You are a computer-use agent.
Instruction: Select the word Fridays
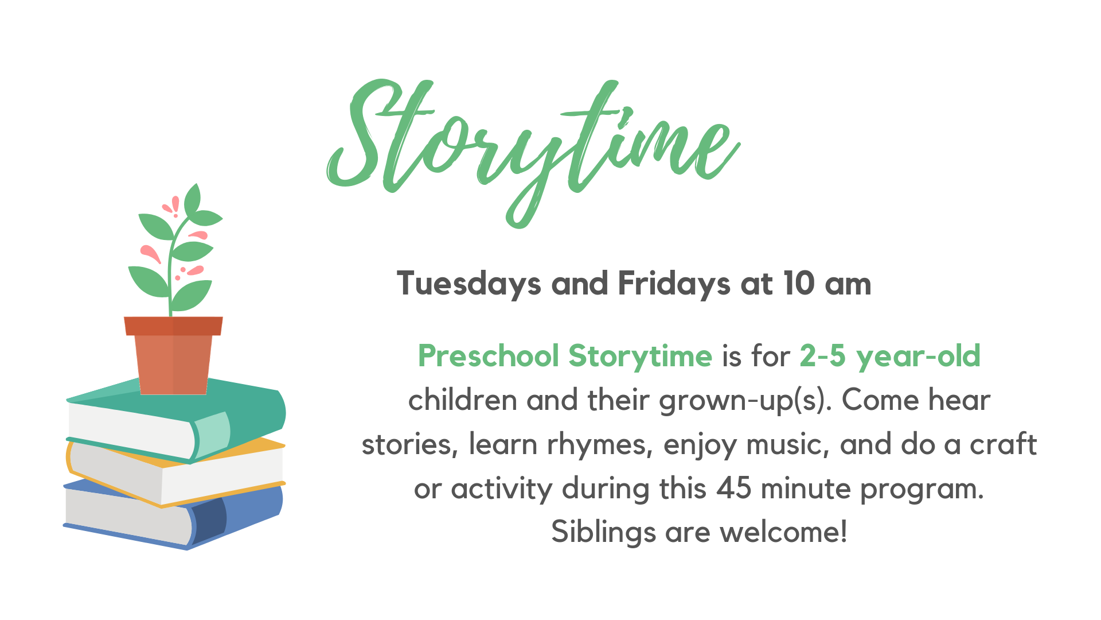[674, 284]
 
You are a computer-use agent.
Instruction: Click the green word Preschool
[488, 356]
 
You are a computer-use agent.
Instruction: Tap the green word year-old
[918, 356]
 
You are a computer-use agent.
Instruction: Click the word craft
[1004, 444]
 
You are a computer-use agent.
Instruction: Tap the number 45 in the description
[734, 489]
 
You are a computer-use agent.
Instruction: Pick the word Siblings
[603, 532]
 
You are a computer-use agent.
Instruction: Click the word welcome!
[783, 532]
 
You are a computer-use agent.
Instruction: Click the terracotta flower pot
[173, 355]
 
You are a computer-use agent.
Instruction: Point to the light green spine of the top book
[212, 435]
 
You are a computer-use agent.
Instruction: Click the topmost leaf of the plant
[193, 198]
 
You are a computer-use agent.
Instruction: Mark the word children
[463, 400]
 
